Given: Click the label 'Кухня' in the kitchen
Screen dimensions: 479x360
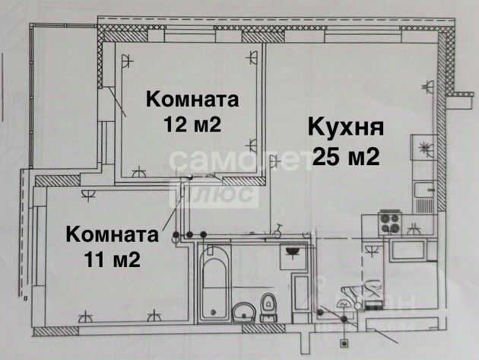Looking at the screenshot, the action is (346, 128).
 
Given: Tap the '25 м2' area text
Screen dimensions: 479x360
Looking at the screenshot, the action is (346, 158).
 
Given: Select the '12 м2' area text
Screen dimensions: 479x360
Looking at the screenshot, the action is (192, 124).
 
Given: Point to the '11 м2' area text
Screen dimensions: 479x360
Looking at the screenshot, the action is (112, 260).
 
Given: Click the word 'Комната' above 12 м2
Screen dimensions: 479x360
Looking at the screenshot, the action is (192, 99).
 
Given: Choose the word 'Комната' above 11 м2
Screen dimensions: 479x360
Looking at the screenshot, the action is (112, 234).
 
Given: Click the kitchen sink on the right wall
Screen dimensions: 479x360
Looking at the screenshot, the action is (423, 195).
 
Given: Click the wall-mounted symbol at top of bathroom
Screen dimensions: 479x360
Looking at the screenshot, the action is (292, 251).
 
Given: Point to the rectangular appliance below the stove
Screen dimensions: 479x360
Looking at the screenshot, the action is (409, 249).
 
